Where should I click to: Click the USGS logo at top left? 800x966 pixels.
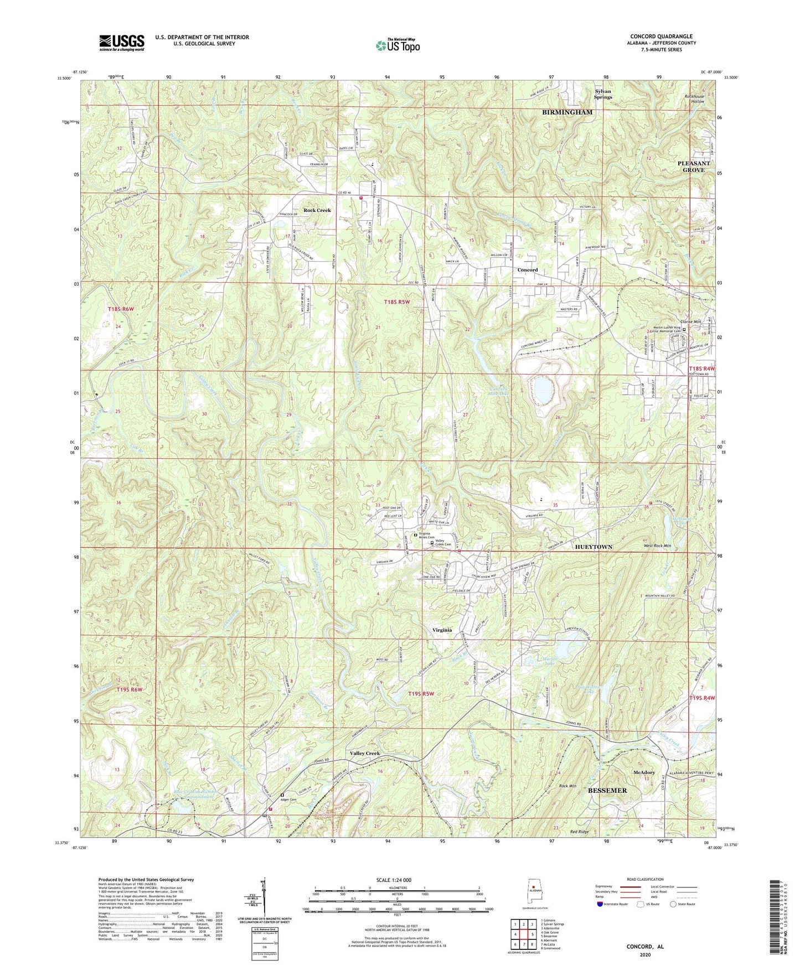(121, 43)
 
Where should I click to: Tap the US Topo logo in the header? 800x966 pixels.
(397, 45)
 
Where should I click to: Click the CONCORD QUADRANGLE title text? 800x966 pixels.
(661, 37)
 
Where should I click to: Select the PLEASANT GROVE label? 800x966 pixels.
(693, 167)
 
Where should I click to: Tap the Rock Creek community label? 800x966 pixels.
(317, 210)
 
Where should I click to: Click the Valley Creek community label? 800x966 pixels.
(364, 754)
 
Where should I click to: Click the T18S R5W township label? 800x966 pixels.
(398, 302)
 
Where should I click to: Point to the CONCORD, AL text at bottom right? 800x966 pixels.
(645, 947)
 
